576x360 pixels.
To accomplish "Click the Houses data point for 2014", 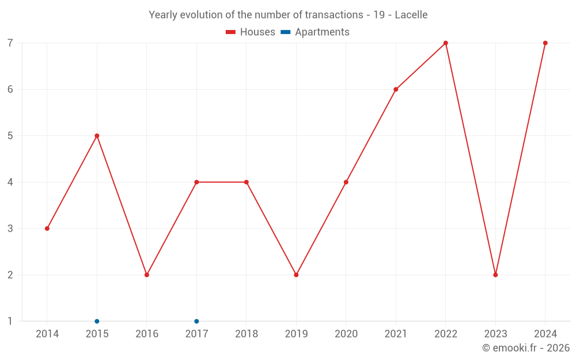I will click(x=47, y=229).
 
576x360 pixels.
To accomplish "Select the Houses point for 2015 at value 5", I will click(x=97, y=136).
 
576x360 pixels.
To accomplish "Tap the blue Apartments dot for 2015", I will click(x=97, y=321).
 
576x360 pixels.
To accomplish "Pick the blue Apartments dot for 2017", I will click(x=196, y=321).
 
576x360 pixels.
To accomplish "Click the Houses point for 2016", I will click(x=147, y=275).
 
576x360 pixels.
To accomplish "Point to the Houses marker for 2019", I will click(x=296, y=275).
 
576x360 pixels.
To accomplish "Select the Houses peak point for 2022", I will click(x=446, y=43).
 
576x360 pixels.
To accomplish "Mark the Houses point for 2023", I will click(x=495, y=275).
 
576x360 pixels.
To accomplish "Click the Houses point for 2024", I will click(x=545, y=43).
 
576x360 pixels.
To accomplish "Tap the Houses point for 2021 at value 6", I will click(x=396, y=89).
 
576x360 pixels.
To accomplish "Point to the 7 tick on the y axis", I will click(x=10, y=43).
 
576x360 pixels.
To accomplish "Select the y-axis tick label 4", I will click(x=10, y=182).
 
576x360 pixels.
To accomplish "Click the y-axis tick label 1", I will click(x=10, y=321).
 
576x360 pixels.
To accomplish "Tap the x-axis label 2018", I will click(x=247, y=334).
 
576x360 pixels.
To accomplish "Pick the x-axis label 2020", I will click(x=346, y=334).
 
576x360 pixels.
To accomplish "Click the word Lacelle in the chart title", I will click(x=411, y=15).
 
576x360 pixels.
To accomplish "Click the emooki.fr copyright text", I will click(x=526, y=348).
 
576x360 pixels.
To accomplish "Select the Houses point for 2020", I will click(x=346, y=182).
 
